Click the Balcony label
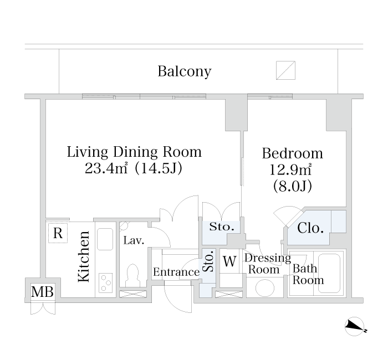coord(185,71)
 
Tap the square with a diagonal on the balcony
coord(285,70)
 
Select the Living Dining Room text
coord(134,152)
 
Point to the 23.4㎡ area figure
coord(106,168)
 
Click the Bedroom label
coord(293,153)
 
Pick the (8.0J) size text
coord(293,186)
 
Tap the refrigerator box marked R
coord(58,233)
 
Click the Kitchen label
coord(84,256)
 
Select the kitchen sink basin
coord(105,239)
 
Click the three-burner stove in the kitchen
coord(106,282)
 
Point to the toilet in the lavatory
coord(133,275)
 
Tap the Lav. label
coord(134,240)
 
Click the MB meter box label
coord(42,291)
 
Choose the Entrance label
coord(176,272)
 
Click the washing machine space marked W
coord(229,261)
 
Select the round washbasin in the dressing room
coord(265,288)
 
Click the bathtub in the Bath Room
coord(329,272)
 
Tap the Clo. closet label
coord(310,228)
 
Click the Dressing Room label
coord(268,264)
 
